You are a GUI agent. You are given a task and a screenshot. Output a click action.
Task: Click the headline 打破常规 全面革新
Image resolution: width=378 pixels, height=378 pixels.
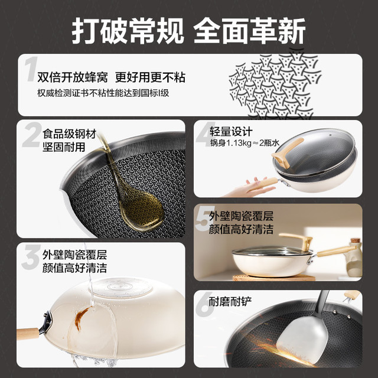tap(189, 31)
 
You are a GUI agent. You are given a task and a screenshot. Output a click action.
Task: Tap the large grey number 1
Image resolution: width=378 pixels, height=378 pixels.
tap(31, 69)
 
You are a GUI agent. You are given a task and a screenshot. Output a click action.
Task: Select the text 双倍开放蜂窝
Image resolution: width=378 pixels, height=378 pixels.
tap(73, 77)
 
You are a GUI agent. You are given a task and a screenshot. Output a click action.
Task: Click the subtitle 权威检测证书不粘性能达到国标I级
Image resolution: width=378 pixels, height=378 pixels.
tap(103, 93)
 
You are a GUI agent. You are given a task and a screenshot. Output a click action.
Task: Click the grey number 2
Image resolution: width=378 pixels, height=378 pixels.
tap(32, 135)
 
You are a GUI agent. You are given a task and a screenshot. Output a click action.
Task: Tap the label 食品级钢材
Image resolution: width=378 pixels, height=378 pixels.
tap(70, 134)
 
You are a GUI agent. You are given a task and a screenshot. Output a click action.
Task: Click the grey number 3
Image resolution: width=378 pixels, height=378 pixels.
tap(31, 257)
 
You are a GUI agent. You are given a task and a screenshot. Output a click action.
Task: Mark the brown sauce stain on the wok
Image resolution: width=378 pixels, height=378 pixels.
tap(81, 318)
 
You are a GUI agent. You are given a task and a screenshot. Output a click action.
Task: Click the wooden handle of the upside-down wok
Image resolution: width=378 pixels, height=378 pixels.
tap(28, 334)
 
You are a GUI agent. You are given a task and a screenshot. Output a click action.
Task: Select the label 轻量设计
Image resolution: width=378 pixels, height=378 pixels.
tap(231, 132)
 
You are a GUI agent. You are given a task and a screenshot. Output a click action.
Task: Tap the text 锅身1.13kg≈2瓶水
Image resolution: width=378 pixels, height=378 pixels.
tap(245, 143)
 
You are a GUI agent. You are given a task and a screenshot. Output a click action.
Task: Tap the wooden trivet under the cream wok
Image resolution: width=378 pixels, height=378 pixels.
tap(274, 278)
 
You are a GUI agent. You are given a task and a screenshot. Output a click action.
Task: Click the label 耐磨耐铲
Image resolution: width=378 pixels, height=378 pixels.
tap(230, 301)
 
